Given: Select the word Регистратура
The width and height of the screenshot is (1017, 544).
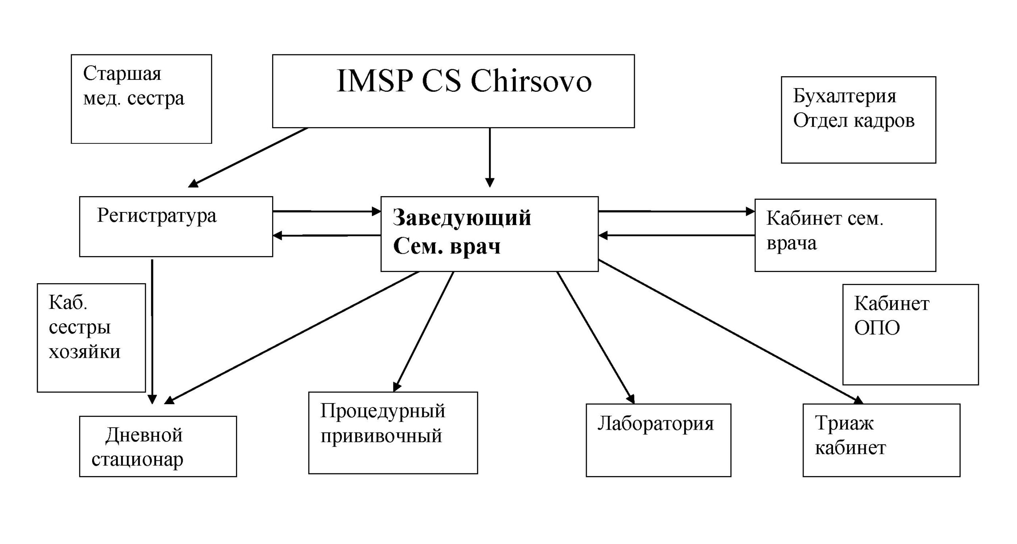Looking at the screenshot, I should tap(157, 216).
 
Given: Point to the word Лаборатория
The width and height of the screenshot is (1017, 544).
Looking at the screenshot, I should tap(655, 424).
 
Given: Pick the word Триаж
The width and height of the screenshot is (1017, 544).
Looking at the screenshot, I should tap(844, 423).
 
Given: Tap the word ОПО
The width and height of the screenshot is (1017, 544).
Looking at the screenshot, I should tap(877, 328).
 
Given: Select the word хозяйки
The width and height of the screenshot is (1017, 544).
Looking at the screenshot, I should tap(84, 352).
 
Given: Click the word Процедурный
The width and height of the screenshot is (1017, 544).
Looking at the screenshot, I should tap(383, 411).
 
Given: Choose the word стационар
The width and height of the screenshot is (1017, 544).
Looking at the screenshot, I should tap(137, 460).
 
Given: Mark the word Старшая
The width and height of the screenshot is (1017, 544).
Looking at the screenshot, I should tap(122, 74).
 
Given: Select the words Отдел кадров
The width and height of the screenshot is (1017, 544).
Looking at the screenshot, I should tap(854, 121).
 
